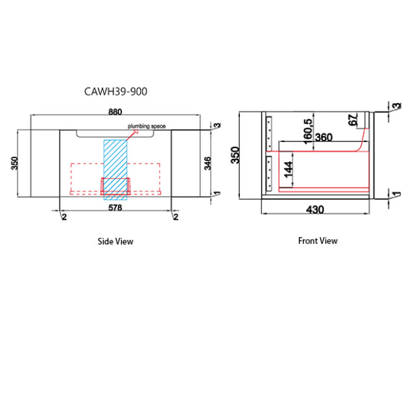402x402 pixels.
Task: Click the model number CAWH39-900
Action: [116, 92]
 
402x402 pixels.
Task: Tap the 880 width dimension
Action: [115, 112]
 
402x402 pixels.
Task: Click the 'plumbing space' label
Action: [147, 127]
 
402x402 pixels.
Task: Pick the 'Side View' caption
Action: [115, 241]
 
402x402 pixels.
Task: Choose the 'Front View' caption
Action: [318, 241]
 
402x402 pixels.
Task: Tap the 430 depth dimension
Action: [315, 209]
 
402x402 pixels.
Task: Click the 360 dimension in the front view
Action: [322, 137]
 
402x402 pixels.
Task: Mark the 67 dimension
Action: [353, 121]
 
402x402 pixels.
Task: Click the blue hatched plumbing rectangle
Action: [116, 167]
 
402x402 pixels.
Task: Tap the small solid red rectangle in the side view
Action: [115, 185]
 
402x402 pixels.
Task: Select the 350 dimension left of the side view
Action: [14, 162]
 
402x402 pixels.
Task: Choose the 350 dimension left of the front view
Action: [236, 154]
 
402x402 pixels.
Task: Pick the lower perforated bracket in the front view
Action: [268, 172]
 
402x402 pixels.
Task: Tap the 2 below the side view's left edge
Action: [64, 217]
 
